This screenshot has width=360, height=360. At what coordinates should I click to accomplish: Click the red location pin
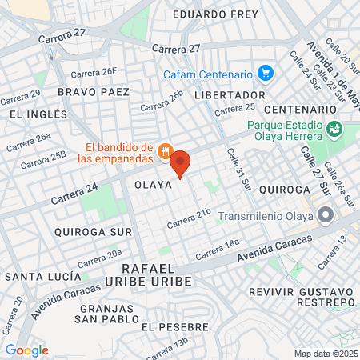click(x=181, y=163)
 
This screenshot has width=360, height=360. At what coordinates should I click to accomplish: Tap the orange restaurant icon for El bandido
click(x=166, y=150)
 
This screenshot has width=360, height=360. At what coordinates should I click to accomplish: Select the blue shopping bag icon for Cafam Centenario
click(x=266, y=74)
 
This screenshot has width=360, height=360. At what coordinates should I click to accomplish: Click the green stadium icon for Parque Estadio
click(x=334, y=127)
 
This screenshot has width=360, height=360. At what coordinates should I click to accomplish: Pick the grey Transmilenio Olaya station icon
click(x=325, y=214)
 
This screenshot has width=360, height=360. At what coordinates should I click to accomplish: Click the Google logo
click(x=26, y=350)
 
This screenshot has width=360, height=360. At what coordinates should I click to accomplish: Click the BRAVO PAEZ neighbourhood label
click(x=94, y=92)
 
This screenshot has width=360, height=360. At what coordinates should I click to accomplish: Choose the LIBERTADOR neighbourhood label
click(x=223, y=94)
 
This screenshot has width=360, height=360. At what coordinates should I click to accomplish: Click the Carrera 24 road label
click(x=74, y=193)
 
